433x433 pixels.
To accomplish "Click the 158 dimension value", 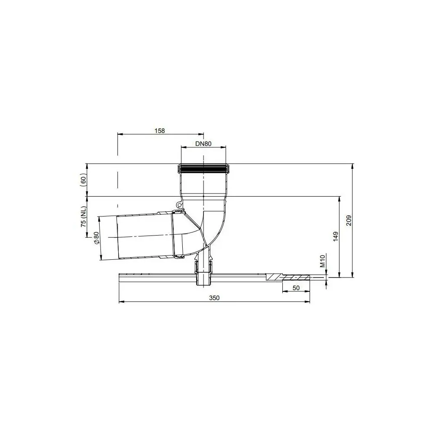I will coord(160,130).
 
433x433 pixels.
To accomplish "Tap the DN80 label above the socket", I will coord(203,144).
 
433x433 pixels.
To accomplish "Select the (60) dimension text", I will coord(84,179).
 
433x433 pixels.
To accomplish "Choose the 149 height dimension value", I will coord(335,236).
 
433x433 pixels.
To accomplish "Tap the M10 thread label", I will coord(323,262).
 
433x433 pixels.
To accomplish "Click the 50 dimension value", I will coord(296,288).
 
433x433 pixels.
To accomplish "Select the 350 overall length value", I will coord(214,298).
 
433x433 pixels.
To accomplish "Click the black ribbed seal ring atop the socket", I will coord(203,166).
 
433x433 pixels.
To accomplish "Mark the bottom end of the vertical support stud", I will coord(203,286).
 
